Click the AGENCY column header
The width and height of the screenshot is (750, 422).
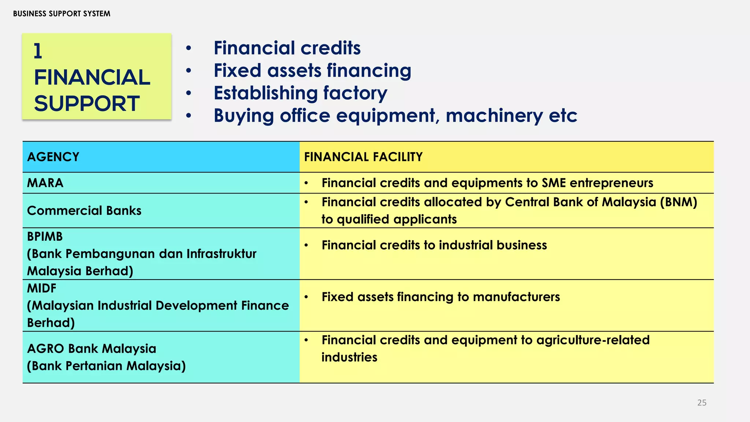pyautogui.click(x=53, y=157)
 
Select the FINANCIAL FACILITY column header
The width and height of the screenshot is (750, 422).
pyautogui.click(x=363, y=157)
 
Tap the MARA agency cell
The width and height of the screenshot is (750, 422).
pyautogui.click(x=45, y=183)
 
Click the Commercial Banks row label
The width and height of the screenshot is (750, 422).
pyautogui.click(x=84, y=211)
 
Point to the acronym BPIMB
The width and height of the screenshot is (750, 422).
pyautogui.click(x=45, y=237)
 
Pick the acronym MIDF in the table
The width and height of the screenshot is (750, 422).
pyautogui.click(x=42, y=288)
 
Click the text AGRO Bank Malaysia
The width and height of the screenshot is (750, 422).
pyautogui.click(x=92, y=348)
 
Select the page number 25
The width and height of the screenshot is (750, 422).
pyautogui.click(x=702, y=403)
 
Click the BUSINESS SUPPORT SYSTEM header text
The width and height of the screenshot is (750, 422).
pyautogui.click(x=62, y=14)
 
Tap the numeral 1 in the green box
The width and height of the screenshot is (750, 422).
pyautogui.click(x=38, y=51)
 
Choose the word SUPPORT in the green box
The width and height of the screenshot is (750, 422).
pyautogui.click(x=87, y=103)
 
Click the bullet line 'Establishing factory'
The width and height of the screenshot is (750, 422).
pyautogui.click(x=300, y=93)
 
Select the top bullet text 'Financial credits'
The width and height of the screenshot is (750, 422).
pyautogui.click(x=287, y=48)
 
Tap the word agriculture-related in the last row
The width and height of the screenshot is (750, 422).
pyautogui.click(x=593, y=340)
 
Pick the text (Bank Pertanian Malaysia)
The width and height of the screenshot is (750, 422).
pyautogui.click(x=106, y=366)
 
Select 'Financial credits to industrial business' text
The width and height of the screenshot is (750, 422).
pyautogui.click(x=434, y=245)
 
